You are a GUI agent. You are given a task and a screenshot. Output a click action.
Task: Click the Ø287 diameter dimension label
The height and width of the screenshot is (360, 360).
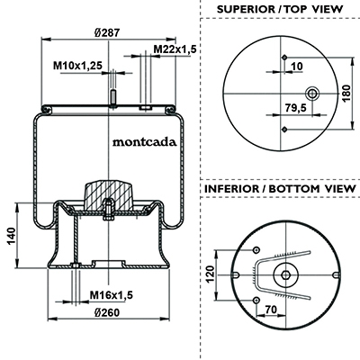tap(107, 32)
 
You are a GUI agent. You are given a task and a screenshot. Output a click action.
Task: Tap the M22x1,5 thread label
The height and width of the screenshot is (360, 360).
tap(175, 49)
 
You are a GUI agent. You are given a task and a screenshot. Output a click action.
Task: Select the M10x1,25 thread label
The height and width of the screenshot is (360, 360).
tap(78, 65)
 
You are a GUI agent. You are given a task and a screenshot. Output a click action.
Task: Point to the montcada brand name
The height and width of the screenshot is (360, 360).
tap(145, 141)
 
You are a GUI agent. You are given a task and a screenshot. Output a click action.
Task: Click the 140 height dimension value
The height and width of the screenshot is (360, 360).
tap(12, 236)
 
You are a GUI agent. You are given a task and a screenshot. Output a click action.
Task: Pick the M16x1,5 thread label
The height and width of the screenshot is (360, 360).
tap(112, 295)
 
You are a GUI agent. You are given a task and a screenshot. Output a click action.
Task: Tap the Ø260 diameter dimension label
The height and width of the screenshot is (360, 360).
tap(107, 312)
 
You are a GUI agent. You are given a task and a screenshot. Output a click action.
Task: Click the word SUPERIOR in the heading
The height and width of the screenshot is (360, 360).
tap(244, 9)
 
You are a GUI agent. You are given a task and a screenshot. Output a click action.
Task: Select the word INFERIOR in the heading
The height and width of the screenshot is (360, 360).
tap(232, 189)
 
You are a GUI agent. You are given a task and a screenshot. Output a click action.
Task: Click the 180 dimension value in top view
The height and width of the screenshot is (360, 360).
tap(346, 94)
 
